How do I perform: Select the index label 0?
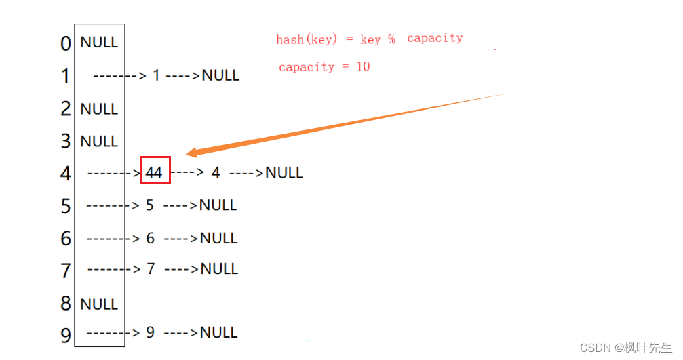[x=66, y=44]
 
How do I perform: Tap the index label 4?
[x=66, y=174]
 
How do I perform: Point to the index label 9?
[x=66, y=335]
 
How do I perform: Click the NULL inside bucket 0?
[x=99, y=42]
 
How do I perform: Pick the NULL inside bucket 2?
[x=99, y=108]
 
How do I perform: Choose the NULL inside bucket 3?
[x=99, y=141]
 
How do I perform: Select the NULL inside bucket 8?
[x=99, y=304]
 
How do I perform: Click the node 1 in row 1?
[x=156, y=75]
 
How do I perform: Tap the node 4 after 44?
[x=216, y=173]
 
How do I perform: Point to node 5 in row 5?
[x=150, y=205]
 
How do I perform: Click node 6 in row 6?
[x=150, y=238]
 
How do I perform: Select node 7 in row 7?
[x=151, y=269]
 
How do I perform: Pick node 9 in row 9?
[x=150, y=332]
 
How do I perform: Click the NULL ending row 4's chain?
[x=284, y=173]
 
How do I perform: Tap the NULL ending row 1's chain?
[x=220, y=75]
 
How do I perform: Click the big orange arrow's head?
[x=192, y=153]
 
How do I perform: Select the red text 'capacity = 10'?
[x=324, y=67]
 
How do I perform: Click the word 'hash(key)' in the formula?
[x=306, y=39]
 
